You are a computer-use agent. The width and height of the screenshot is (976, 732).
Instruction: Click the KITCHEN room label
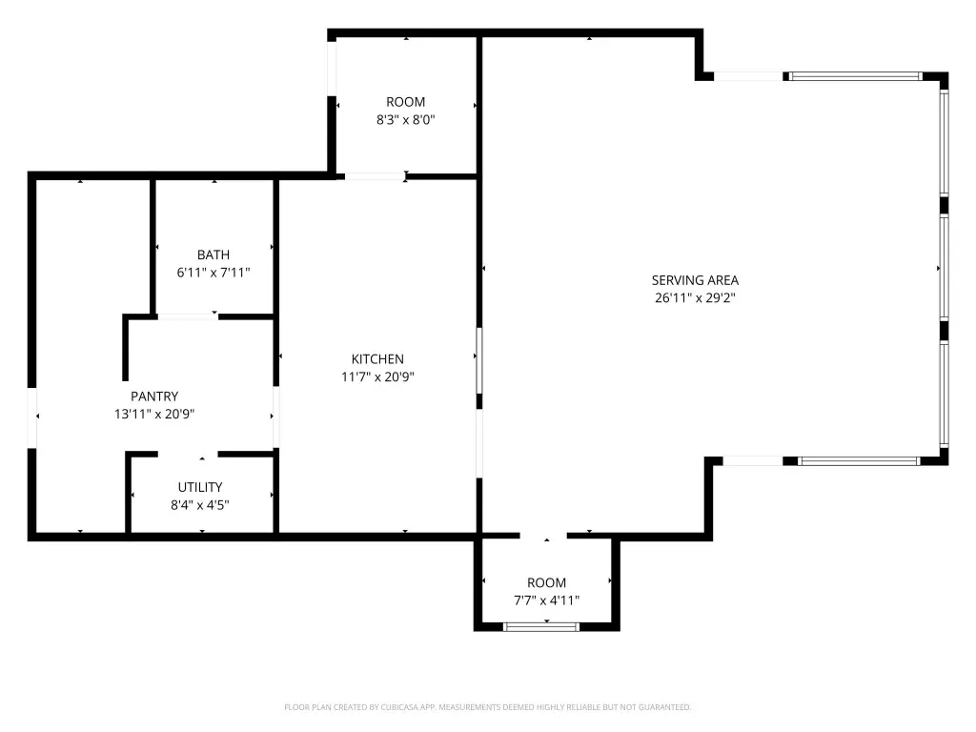pos(377,359)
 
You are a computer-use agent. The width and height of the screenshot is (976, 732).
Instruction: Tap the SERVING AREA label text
pos(695,280)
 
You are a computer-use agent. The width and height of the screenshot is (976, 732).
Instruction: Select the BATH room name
pos(213,254)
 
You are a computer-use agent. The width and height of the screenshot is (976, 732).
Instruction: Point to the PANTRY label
pos(154,396)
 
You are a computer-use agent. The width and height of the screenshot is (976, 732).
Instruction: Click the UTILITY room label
pos(200,487)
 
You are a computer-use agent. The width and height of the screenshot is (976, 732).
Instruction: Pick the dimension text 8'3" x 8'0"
pos(405,119)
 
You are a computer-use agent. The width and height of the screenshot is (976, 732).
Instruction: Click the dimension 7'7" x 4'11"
pos(546,600)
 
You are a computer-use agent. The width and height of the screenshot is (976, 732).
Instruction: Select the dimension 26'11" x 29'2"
pos(695,297)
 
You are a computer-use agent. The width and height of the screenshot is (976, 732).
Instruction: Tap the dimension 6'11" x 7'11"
pos(213,272)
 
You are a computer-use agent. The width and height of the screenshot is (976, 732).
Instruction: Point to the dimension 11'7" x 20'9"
pos(377,376)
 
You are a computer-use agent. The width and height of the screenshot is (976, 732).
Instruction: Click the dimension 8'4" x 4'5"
pos(200,505)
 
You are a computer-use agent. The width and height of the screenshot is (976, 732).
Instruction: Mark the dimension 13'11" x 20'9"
pos(154,414)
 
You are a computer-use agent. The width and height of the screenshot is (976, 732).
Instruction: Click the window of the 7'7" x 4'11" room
pos(541,627)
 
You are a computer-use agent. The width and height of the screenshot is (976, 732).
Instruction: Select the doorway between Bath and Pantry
pos(188,316)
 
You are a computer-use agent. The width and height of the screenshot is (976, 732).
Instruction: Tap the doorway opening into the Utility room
pos(188,455)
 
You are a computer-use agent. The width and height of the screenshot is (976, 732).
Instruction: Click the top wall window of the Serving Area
pos(853,76)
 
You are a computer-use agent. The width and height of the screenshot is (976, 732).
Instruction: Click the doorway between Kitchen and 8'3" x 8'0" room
pos(375,176)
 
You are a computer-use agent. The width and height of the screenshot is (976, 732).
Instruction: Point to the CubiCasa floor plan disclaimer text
pos(487,707)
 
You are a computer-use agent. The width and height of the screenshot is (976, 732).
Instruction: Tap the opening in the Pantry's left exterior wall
pos(31,417)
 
